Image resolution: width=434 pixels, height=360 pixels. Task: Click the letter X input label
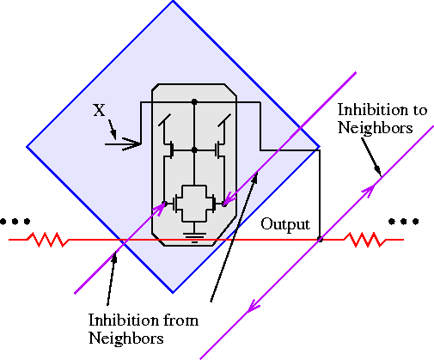click(x=99, y=110)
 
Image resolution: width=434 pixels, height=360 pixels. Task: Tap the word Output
click(x=286, y=225)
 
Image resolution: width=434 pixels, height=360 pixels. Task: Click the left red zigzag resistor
click(x=46, y=239)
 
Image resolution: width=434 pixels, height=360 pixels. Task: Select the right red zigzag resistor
click(x=364, y=239)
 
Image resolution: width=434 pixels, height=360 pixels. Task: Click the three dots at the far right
click(x=399, y=222)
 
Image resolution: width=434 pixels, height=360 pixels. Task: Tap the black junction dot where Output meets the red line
click(x=320, y=239)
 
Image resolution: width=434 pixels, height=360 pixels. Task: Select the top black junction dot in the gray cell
click(x=194, y=101)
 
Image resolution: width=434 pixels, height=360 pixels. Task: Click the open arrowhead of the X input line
click(x=132, y=143)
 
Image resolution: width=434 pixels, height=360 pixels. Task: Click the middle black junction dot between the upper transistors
click(x=194, y=149)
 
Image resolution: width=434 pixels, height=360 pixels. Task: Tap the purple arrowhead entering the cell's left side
click(x=158, y=210)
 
